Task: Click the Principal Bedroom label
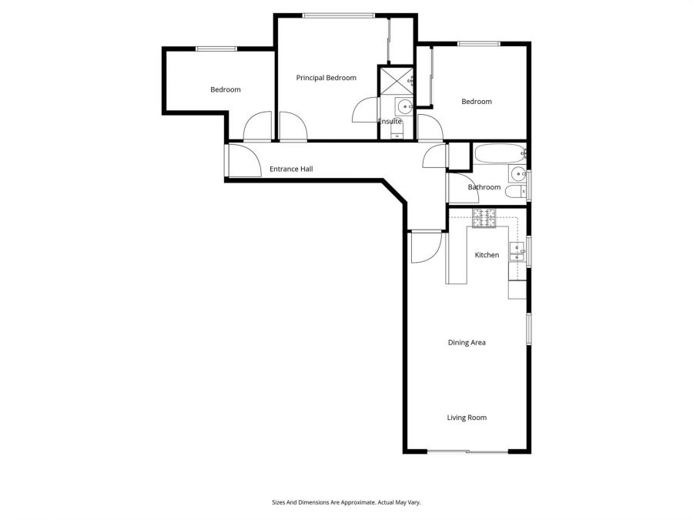[x=326, y=78]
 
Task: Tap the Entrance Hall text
[x=290, y=169]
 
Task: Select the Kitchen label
[x=487, y=255]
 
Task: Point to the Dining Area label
[x=467, y=343]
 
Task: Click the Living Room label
[x=467, y=418]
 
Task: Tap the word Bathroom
[x=484, y=187]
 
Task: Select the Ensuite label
[x=390, y=122]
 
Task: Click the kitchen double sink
[x=517, y=252]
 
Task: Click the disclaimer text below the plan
[x=346, y=502]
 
